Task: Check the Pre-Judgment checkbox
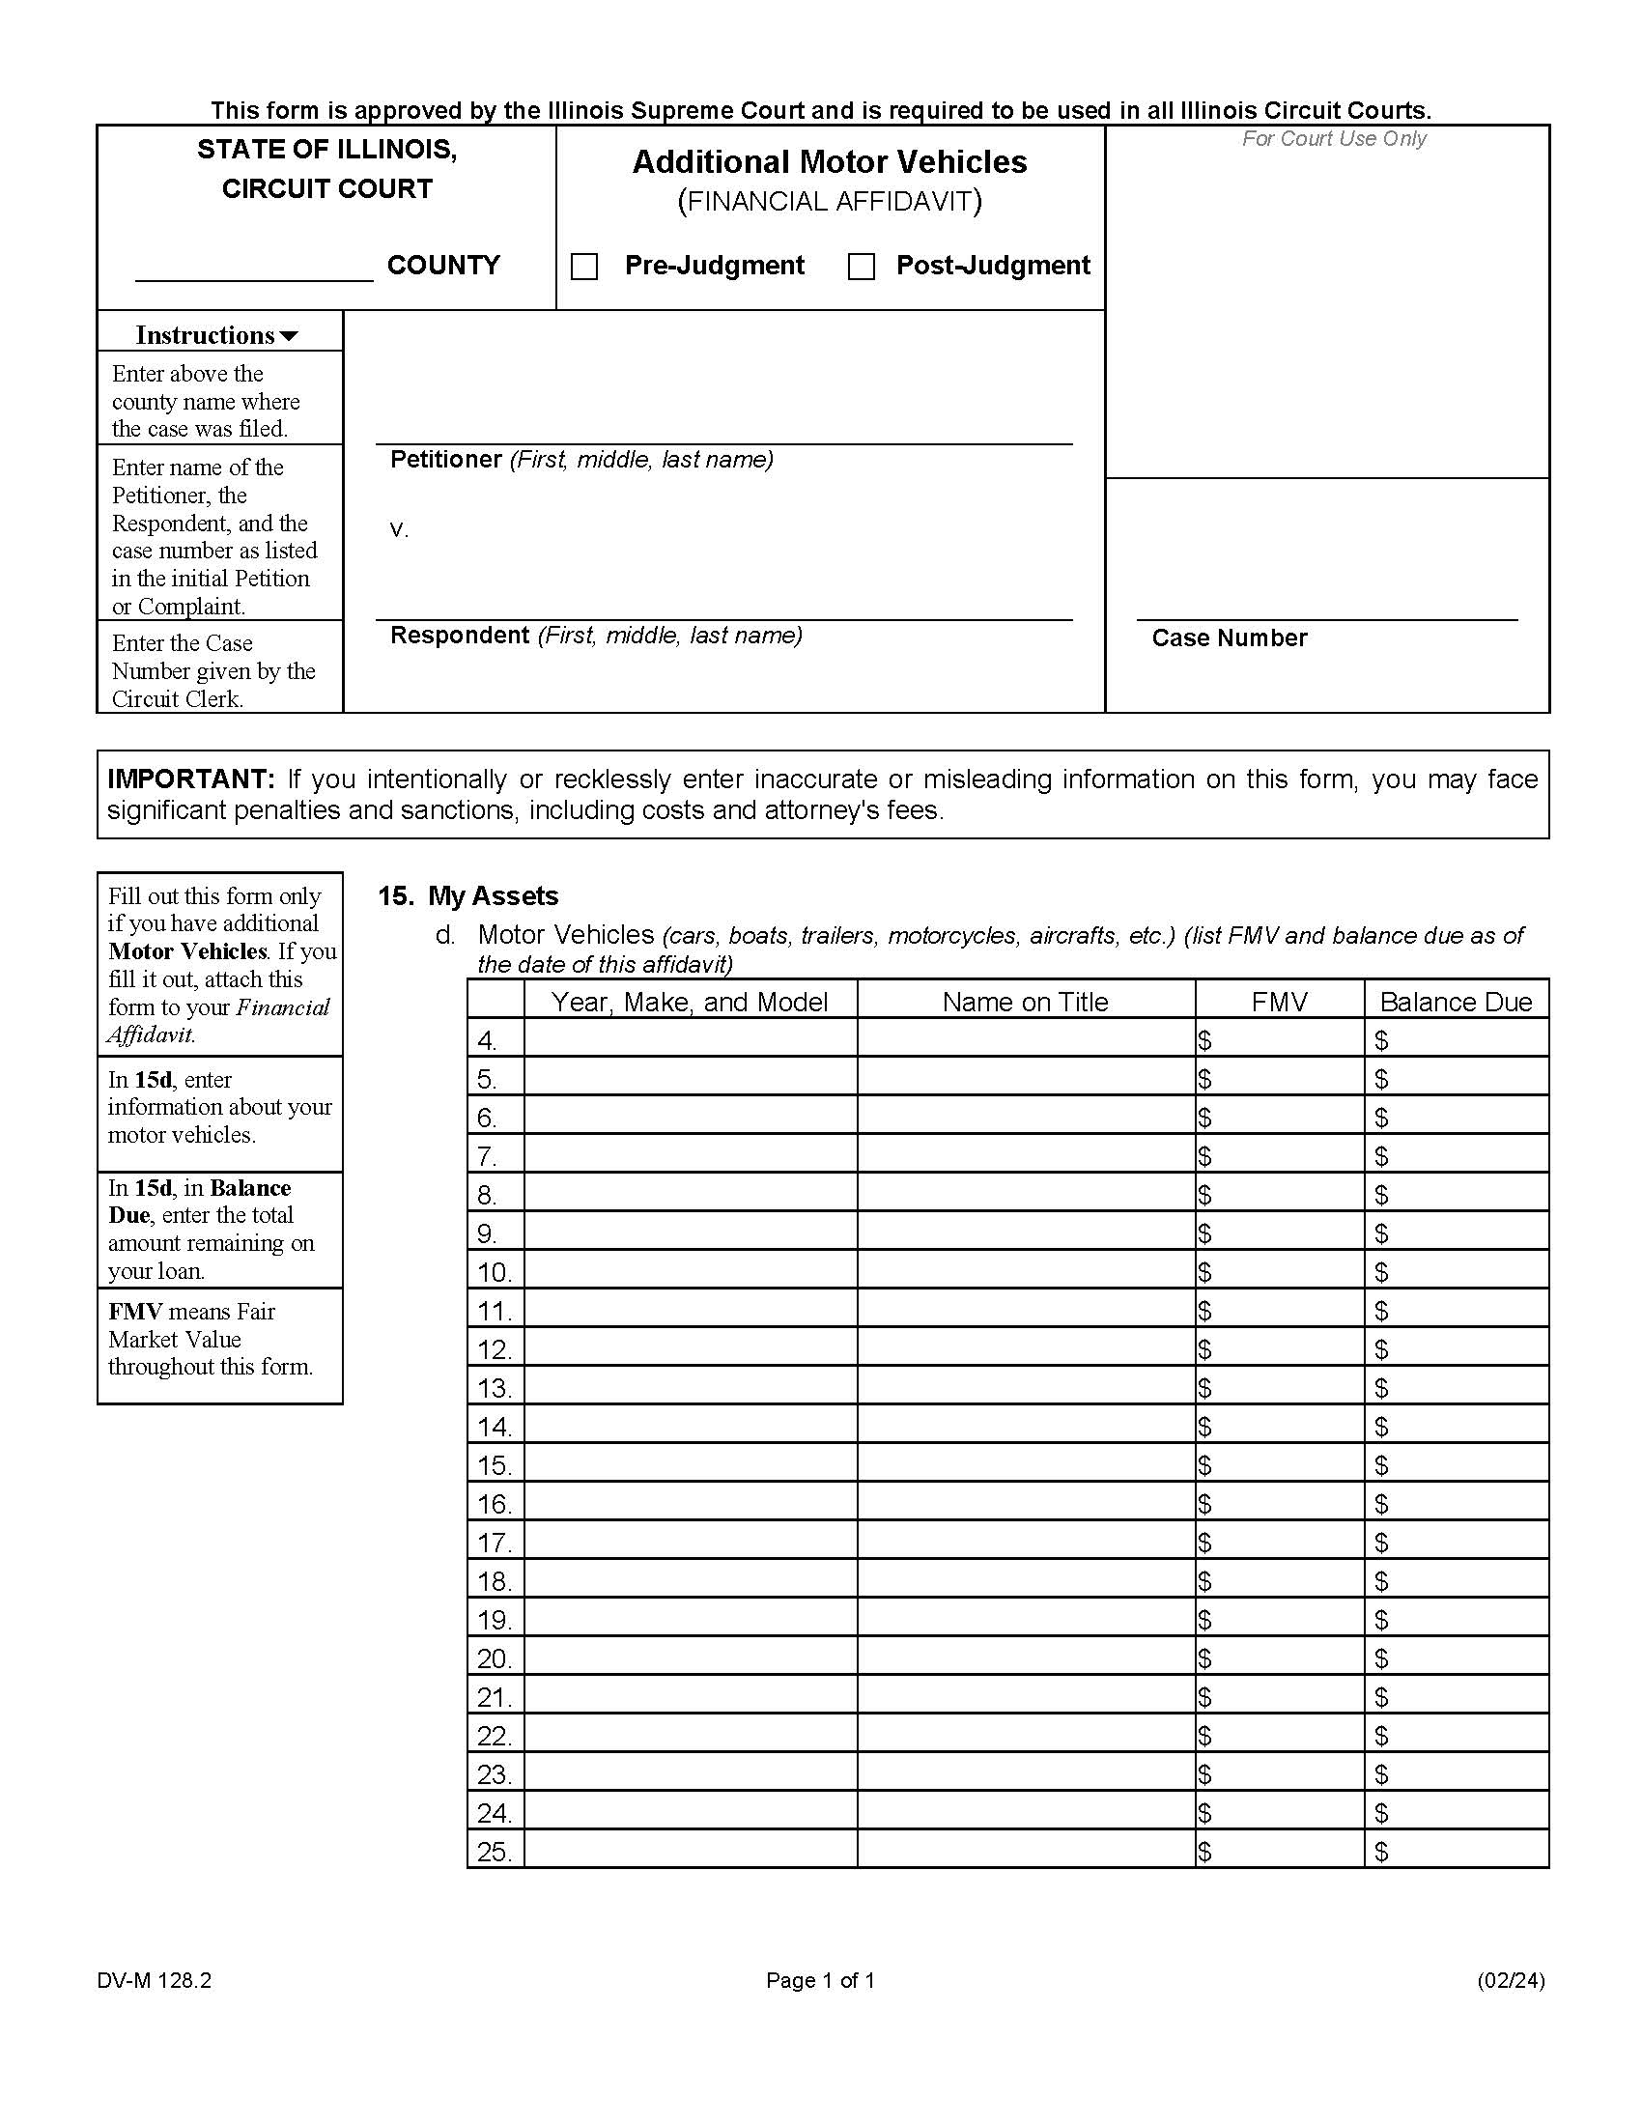coord(583,267)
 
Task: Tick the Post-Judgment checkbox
coord(861,267)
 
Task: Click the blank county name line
coord(254,269)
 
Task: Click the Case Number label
coord(1229,638)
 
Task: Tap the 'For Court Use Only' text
coord(1334,139)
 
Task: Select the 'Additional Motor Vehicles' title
coord(829,162)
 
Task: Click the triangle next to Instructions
coord(289,337)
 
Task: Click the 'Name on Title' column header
coord(1025,1002)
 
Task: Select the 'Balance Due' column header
coord(1456,1002)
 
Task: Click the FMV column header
coord(1278,1002)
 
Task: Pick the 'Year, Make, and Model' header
coord(690,1002)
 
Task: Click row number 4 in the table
coord(488,1040)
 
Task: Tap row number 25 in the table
coord(495,1851)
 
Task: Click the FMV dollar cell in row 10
coord(1279,1271)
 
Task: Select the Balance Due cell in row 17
coord(1457,1542)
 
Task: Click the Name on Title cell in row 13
coord(1025,1386)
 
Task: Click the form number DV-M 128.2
coord(154,1980)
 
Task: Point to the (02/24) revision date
coord(1510,1980)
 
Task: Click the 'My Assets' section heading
coord(494,896)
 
